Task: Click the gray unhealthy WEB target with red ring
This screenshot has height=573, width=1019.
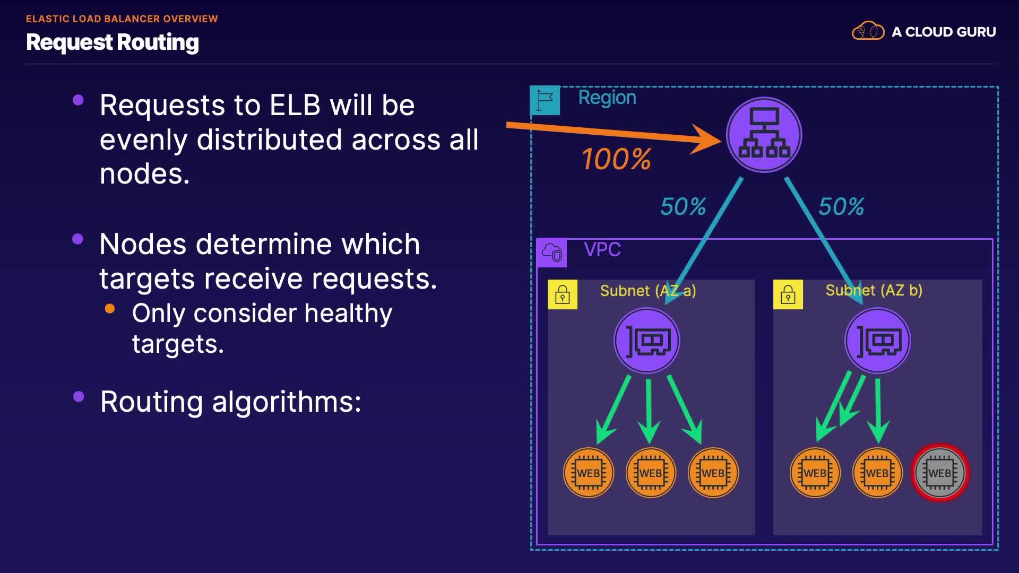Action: (939, 473)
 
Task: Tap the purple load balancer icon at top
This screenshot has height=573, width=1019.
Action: (764, 135)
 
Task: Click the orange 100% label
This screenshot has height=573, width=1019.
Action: (616, 159)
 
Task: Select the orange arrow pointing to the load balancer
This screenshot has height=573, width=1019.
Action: (610, 133)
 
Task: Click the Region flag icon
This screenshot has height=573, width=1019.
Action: (545, 100)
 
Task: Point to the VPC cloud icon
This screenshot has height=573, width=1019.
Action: (552, 253)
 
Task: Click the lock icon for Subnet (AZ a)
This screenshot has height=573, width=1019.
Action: (563, 294)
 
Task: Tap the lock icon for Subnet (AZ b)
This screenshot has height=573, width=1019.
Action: (788, 294)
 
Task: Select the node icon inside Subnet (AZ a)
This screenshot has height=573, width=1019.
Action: (647, 341)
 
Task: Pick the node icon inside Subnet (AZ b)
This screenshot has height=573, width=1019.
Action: (877, 341)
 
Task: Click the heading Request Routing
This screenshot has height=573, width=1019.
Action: (113, 42)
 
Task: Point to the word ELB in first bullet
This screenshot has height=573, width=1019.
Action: (295, 105)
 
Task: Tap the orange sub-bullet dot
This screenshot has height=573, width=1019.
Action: (110, 309)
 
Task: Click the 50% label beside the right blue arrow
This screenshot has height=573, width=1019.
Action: (841, 206)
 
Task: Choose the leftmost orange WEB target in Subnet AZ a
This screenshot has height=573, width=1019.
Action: (589, 473)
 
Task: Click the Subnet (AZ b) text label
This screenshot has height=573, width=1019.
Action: (874, 290)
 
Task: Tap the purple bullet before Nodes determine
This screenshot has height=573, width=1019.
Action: (78, 239)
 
